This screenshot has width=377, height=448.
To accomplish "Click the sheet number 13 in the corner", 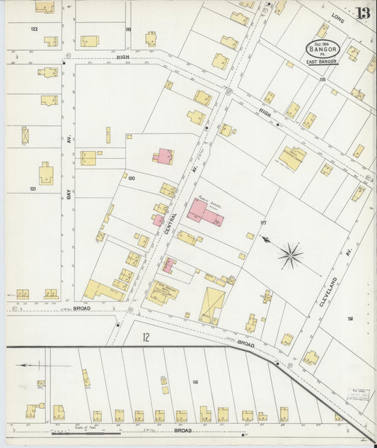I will (363, 13).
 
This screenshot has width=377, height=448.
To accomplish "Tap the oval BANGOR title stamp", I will (323, 49).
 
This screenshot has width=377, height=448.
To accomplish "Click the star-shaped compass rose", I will (290, 255).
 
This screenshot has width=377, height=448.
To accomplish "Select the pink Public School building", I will (203, 211).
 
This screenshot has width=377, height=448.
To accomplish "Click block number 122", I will (33, 29).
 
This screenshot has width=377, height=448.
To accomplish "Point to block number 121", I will (33, 189).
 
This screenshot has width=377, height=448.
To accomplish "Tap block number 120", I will (131, 179).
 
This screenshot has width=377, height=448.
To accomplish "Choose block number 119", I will (128, 29).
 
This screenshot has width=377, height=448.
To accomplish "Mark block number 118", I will (322, 79).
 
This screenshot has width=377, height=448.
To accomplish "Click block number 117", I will (263, 223).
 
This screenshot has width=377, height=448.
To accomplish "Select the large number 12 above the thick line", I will (146, 337).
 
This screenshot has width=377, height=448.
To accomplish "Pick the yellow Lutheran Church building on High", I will (293, 157).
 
